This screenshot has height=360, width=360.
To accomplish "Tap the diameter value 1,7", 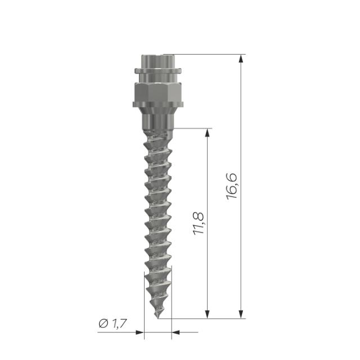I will pos(119,323).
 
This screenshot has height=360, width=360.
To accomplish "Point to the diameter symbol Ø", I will pos(103,323).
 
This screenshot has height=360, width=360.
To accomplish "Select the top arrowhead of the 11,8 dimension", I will pos(208,133).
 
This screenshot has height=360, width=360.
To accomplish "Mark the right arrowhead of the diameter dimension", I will pos(175,332).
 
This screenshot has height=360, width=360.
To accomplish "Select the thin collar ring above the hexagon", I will pos(158,70).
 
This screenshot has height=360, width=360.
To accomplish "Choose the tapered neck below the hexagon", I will pos(158,118).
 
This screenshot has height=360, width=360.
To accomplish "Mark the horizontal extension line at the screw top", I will pos(208,55).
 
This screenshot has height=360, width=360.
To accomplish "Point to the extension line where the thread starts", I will pos(191,128).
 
